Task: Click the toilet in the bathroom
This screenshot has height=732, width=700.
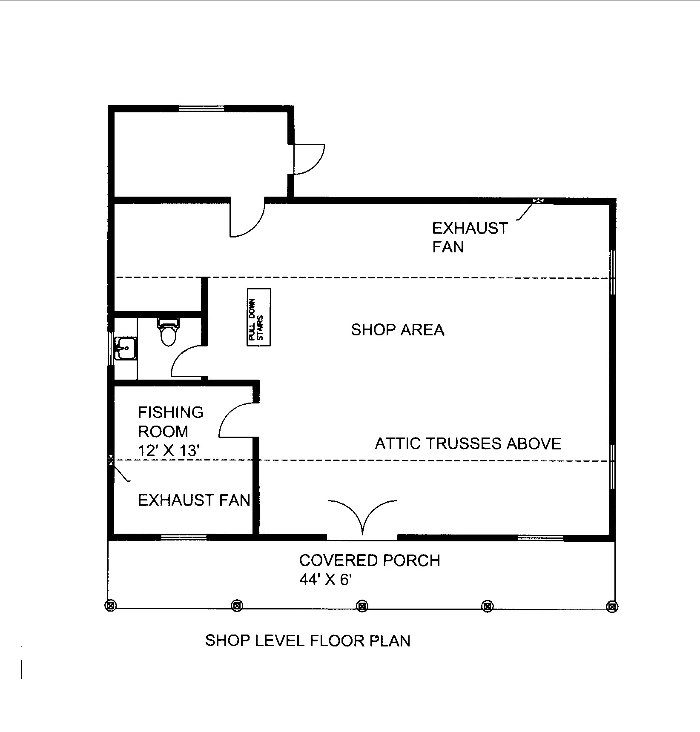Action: [x=168, y=332]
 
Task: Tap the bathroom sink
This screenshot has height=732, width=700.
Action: [x=126, y=349]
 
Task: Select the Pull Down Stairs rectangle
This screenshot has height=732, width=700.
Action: [x=259, y=317]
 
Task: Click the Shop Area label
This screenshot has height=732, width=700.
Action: [x=397, y=330]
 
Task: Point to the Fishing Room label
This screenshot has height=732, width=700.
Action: [x=170, y=422]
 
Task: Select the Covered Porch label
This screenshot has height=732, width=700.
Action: [x=370, y=560]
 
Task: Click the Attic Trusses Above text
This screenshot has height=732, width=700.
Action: [x=468, y=444]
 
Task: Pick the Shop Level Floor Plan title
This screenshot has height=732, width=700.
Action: [x=307, y=640]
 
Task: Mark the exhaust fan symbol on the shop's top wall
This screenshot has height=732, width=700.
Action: [x=539, y=200]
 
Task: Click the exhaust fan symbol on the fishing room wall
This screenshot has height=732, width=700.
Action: [x=111, y=460]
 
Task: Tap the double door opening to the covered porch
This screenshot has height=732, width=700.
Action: [x=362, y=519]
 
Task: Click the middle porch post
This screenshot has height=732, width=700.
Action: [x=362, y=605]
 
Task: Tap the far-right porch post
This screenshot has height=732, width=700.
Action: [x=612, y=606]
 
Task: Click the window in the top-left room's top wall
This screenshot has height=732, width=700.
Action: [x=201, y=109]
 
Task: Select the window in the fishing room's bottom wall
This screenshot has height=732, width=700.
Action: [x=184, y=537]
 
